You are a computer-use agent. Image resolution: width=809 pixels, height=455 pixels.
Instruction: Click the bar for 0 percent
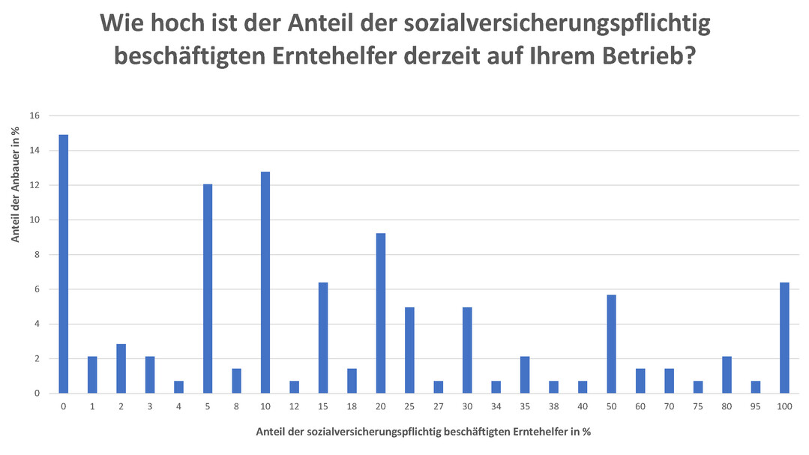[x=64, y=264]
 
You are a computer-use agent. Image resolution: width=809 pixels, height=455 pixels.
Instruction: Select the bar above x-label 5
[x=208, y=289]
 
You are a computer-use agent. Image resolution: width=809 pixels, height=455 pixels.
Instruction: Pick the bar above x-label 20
[x=381, y=313]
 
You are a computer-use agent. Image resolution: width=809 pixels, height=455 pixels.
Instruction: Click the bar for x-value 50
[x=611, y=344]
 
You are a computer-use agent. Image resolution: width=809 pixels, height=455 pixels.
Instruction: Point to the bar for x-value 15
[x=323, y=338]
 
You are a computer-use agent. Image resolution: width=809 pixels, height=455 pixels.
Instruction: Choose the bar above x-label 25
[x=409, y=350]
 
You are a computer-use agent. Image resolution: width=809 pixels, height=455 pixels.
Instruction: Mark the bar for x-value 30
[x=467, y=350]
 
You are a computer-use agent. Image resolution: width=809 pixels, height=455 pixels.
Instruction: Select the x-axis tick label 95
[x=756, y=406]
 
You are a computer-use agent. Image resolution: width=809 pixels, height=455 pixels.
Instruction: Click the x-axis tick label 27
[x=439, y=406]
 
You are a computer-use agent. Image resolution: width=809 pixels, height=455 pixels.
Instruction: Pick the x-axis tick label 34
[x=496, y=406]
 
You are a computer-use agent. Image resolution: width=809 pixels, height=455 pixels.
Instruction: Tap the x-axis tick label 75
[x=698, y=406]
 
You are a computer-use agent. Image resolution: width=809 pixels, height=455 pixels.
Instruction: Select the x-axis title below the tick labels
[x=423, y=432]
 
